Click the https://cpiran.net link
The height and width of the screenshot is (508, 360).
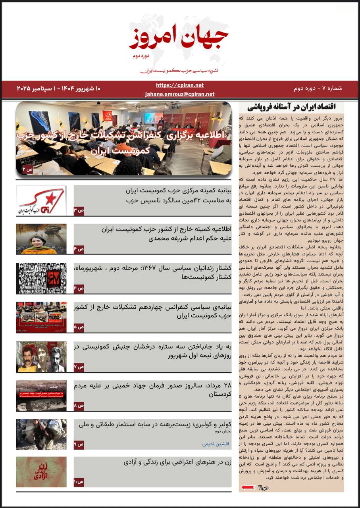[x=180, y=85]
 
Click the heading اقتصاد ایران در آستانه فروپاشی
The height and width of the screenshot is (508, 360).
[x=292, y=107]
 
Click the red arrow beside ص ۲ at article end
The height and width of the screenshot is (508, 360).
[x=248, y=487]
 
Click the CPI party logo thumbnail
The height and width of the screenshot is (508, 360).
[x=41, y=201]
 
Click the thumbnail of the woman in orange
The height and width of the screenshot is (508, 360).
[x=41, y=239]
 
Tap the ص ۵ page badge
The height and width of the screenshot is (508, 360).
[x=79, y=327]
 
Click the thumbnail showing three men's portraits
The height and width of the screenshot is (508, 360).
[x=41, y=356]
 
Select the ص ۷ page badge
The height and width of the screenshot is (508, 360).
[x=79, y=367]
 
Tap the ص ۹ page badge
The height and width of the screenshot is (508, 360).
[x=79, y=444]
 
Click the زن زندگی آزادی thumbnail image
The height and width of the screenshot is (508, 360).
[x=41, y=472]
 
